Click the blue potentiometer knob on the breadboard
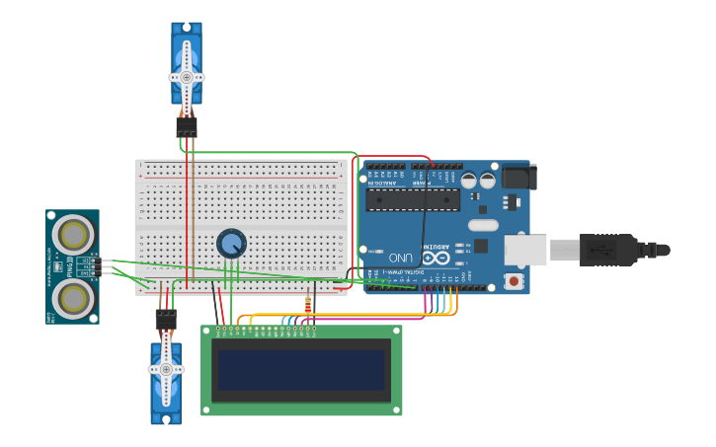(231, 243)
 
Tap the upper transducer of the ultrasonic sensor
(73, 235)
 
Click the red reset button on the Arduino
(514, 281)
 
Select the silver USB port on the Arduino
(525, 250)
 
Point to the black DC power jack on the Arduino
(518, 177)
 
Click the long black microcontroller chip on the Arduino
(413, 200)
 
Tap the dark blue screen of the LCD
(301, 370)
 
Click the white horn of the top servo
(187, 76)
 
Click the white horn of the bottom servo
(166, 369)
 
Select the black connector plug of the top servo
(187, 127)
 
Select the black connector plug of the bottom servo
(166, 320)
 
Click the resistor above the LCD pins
(307, 306)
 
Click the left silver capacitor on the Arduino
(469, 181)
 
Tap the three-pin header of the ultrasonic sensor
(95, 265)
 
